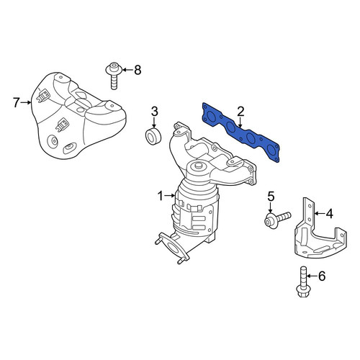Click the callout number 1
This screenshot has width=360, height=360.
161,196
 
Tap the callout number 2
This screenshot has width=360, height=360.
240,112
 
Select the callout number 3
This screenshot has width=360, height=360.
154,112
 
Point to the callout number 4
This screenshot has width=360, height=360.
330,213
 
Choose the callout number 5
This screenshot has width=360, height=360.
271,197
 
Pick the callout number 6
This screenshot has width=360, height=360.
322,276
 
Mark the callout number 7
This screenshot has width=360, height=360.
16,102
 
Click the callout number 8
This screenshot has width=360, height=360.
138,70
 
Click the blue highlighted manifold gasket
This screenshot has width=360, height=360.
240,132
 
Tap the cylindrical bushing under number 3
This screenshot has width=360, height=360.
153,137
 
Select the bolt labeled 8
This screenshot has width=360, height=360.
114,76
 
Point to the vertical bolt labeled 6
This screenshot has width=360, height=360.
302,282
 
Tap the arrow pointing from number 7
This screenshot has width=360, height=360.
26,102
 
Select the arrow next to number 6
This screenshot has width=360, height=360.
312,276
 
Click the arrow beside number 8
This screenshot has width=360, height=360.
127,70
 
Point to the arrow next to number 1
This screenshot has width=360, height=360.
171,196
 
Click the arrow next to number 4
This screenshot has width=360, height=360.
319,213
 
